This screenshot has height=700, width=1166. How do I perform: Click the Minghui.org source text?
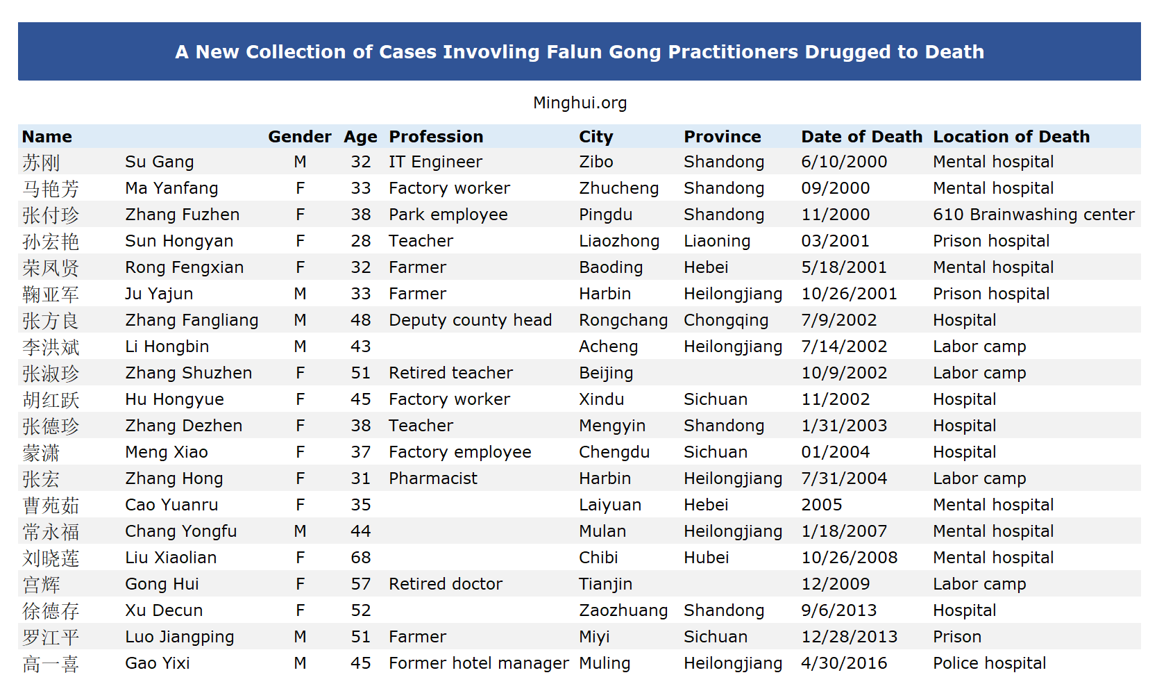[x=580, y=103]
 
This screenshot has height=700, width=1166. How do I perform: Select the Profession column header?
[x=436, y=136]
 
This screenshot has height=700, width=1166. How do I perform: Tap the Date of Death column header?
[x=861, y=136]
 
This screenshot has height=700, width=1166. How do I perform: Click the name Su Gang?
[x=160, y=162]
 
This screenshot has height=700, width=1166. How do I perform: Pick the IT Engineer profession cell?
[x=436, y=162]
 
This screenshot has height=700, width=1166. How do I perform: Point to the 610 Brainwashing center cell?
[x=1034, y=215]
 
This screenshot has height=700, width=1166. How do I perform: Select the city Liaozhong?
[x=619, y=241]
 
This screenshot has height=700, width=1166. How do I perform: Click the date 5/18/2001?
[x=844, y=268]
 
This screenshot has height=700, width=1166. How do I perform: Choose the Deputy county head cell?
[x=470, y=320]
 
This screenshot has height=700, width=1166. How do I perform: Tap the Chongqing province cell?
[x=726, y=320]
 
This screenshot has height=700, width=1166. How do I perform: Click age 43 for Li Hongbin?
[x=361, y=347]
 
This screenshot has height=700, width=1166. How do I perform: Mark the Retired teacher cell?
[x=451, y=373]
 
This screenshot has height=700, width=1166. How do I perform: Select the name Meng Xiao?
[x=167, y=452]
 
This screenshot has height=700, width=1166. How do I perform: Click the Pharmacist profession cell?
[x=433, y=478]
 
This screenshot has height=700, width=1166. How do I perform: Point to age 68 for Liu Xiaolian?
[x=361, y=558]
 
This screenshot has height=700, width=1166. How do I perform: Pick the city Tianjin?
[x=606, y=585]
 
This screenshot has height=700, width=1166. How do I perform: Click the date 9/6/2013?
[x=839, y=610]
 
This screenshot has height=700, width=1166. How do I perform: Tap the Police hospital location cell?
[x=990, y=664]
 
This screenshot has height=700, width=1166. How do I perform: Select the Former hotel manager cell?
[x=479, y=664]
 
